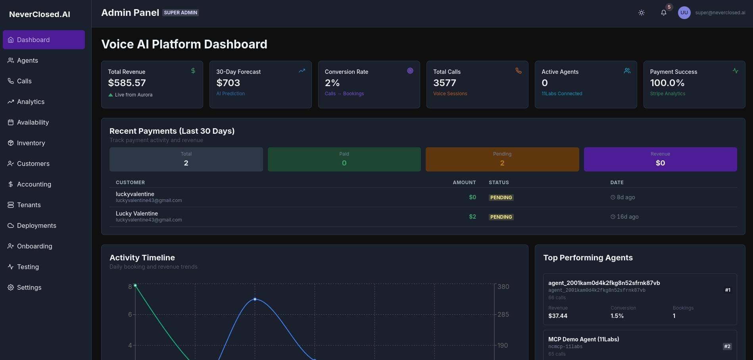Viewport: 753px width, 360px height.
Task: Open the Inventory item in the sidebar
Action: tap(31, 143)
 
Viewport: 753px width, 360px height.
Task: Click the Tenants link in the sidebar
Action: tap(29, 205)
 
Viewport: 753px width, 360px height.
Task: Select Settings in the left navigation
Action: tap(29, 287)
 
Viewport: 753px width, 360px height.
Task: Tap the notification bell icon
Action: tap(663, 13)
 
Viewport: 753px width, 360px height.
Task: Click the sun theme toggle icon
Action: tap(641, 13)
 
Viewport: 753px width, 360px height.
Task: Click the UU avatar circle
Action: tap(684, 13)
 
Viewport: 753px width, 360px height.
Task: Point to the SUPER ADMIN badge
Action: tap(181, 13)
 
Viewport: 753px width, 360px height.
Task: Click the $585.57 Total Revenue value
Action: tap(127, 83)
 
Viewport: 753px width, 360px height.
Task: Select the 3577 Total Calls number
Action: tap(444, 83)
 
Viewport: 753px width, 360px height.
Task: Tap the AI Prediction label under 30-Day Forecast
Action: tap(231, 94)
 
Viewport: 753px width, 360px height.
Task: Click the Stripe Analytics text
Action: tap(667, 94)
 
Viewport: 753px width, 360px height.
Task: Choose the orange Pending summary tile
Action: tap(502, 159)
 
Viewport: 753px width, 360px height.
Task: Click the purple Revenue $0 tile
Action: tap(660, 159)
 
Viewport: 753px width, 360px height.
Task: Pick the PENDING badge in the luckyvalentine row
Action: tap(501, 198)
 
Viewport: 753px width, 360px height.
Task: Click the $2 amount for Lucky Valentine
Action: tap(472, 217)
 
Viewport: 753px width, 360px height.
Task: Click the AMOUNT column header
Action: tap(464, 183)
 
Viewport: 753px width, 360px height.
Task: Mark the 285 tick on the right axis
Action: tap(503, 314)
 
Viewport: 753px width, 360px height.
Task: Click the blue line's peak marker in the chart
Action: tap(255, 299)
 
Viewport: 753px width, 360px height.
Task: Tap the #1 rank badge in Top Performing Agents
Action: tap(728, 290)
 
